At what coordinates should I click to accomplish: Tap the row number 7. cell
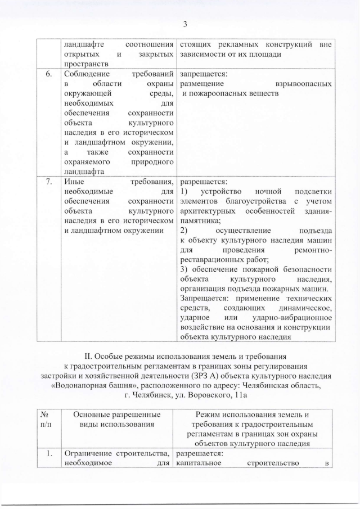(x=49, y=182)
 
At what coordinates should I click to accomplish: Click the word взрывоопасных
(x=304, y=84)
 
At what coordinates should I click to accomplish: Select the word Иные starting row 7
(x=73, y=182)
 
